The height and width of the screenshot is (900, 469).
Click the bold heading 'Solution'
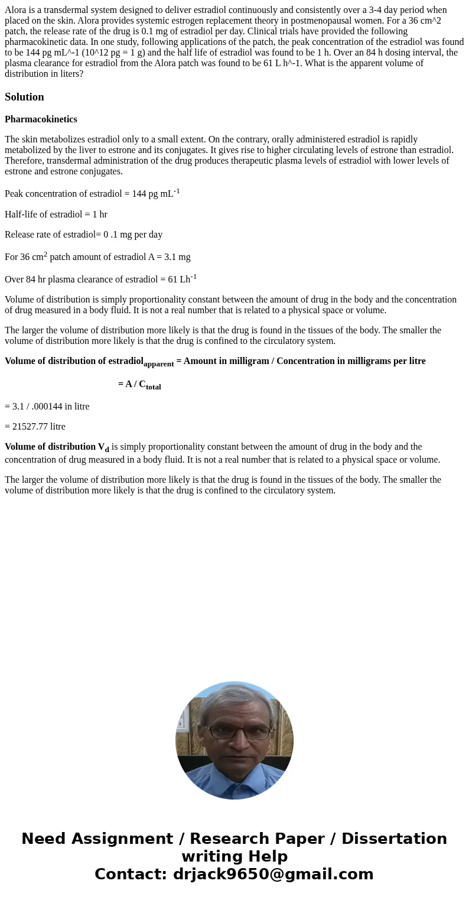click(x=24, y=97)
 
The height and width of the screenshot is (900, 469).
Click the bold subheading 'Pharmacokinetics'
click(x=41, y=119)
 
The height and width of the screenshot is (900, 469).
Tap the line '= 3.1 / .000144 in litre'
click(x=47, y=407)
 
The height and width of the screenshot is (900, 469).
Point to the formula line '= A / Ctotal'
click(x=139, y=384)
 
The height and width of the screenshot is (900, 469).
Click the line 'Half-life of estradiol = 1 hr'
click(x=56, y=215)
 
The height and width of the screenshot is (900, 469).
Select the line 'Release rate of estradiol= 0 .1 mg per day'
click(x=83, y=235)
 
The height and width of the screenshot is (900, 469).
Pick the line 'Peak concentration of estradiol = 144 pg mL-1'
click(x=92, y=193)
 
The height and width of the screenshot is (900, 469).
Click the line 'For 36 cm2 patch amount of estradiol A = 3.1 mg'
click(x=97, y=256)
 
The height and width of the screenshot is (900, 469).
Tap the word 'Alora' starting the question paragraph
click(x=15, y=10)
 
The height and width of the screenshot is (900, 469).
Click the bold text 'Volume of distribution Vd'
click(x=57, y=447)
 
